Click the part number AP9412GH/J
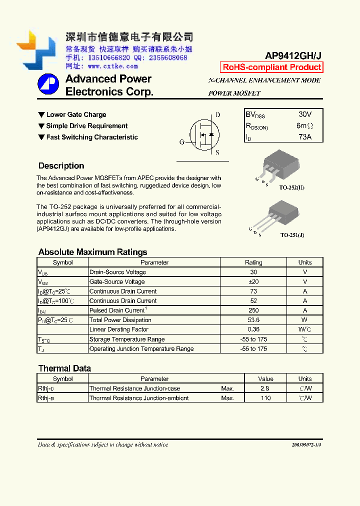tap(293, 56)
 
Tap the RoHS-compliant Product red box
tap(271, 67)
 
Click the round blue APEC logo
tap(48, 85)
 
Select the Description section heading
tap(61, 166)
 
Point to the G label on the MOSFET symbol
tap(182, 142)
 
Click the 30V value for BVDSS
tap(304, 114)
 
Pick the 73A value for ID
tap(304, 136)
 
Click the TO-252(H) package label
tap(292, 187)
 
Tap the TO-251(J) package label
tap(292, 234)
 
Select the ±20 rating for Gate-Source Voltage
tap(253, 282)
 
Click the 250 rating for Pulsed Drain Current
tap(253, 310)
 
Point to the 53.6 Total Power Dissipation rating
tap(253, 320)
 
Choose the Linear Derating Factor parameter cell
tap(119, 329)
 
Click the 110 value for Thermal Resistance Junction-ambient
tap(265, 398)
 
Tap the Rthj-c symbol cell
tap(46, 388)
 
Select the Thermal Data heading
tap(64, 368)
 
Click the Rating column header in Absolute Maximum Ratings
tap(253, 262)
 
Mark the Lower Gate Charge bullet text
tap(76, 115)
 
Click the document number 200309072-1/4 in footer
tap(306, 444)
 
